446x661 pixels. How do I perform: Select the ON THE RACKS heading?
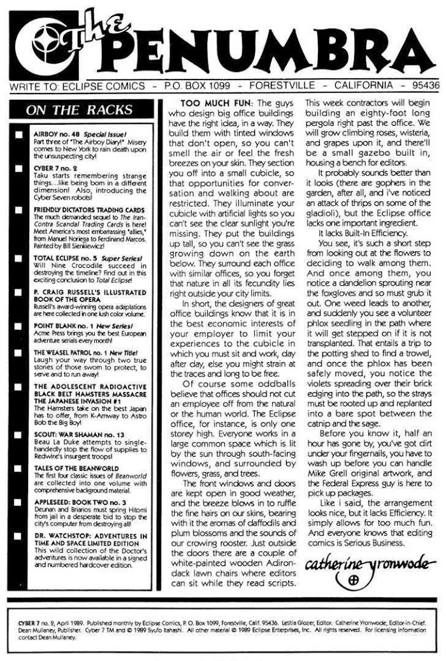click(x=80, y=109)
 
